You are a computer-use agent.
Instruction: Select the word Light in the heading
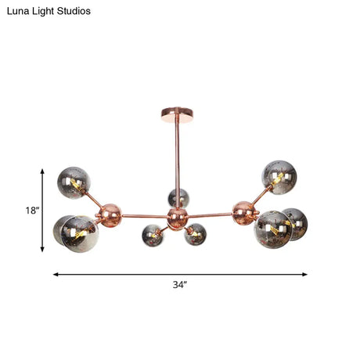tap(45, 12)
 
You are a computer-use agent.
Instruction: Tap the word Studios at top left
tap(75, 12)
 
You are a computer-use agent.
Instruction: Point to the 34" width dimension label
tap(180, 285)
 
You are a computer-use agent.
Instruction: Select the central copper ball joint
tap(178, 215)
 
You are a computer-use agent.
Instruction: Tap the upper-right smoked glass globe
tap(279, 176)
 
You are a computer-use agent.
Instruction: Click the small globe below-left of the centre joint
tap(152, 234)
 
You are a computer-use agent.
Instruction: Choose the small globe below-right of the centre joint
tap(196, 233)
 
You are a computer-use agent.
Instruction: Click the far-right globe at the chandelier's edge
tap(294, 223)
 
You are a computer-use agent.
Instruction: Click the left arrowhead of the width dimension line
tap(56, 274)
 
